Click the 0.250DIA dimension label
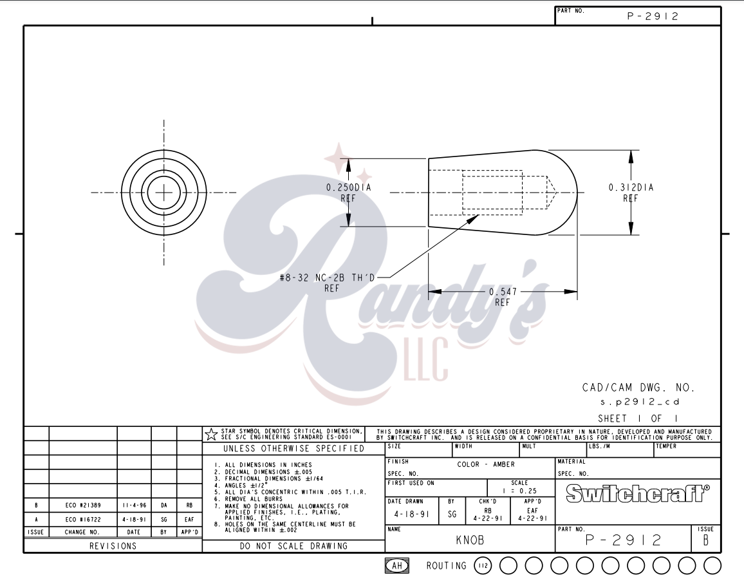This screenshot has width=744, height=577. (x=348, y=187)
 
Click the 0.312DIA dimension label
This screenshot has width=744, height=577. (x=630, y=187)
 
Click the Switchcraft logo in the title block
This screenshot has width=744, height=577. (x=638, y=494)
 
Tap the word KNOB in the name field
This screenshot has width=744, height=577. (x=470, y=541)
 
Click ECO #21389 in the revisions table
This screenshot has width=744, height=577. (x=82, y=506)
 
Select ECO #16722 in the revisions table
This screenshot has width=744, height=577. (x=82, y=519)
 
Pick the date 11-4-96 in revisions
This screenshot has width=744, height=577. (x=134, y=506)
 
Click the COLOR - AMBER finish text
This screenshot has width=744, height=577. (x=486, y=464)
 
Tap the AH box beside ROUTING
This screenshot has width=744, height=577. (x=397, y=565)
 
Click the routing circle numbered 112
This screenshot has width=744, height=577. (x=483, y=565)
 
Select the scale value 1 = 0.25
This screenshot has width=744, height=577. (x=519, y=491)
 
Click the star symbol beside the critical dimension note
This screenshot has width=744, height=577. (x=210, y=434)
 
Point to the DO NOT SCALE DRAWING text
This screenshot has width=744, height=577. (x=293, y=546)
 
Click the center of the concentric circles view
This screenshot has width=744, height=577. (x=164, y=192)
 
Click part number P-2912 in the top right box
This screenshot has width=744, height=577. (x=653, y=17)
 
